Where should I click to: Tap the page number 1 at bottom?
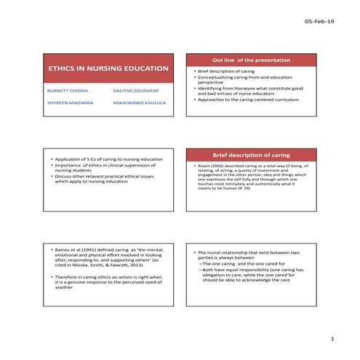(332, 339)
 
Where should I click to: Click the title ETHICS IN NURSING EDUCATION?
(108, 69)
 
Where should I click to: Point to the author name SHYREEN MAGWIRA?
(67, 103)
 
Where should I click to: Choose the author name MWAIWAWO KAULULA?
(139, 103)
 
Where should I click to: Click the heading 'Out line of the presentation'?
(253, 59)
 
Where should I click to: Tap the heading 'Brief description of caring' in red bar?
(253, 154)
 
